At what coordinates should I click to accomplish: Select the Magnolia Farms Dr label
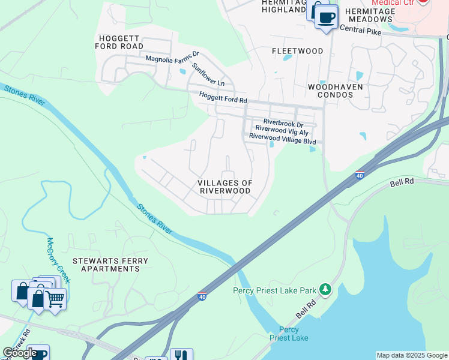point(172,59)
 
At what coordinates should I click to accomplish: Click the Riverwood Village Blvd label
point(282,136)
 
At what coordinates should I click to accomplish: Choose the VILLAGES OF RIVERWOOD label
point(225,187)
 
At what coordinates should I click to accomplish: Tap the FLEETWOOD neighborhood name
point(298,51)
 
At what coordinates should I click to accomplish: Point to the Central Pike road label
point(361,29)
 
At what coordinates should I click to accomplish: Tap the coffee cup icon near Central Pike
point(326,17)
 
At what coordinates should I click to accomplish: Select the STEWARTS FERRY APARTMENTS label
point(106,265)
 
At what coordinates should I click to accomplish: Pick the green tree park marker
point(325,290)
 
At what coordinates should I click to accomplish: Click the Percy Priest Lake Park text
point(274,291)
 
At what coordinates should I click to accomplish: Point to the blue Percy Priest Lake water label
point(294,334)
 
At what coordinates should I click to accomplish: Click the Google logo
point(20,353)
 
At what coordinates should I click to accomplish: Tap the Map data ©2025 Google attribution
point(412,355)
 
